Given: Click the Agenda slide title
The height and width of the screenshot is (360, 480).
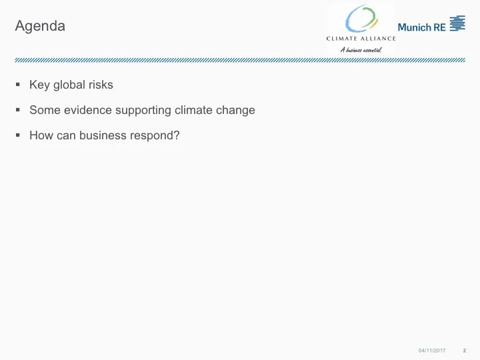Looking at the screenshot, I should (40, 27).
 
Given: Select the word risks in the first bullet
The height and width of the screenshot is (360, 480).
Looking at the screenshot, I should (101, 85).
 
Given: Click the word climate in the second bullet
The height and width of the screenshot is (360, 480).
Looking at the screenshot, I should (193, 110).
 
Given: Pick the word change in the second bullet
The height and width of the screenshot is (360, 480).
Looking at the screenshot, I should (235, 111).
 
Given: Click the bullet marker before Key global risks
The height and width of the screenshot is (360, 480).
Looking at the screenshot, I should (18, 85).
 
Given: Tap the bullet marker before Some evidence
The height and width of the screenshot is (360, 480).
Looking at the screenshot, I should (18, 111).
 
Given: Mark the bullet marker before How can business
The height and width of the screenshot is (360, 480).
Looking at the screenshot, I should (18, 136).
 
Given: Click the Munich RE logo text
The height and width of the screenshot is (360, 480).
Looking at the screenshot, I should (421, 27).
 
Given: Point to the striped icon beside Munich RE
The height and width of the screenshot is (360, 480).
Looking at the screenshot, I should (457, 24).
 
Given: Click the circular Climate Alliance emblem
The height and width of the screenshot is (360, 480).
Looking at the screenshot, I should (361, 19).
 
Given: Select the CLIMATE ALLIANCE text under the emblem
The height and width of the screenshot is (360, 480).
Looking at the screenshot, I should (361, 39).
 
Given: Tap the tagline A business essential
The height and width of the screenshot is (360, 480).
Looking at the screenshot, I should (361, 49).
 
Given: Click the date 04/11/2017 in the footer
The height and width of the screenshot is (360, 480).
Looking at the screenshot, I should (431, 351).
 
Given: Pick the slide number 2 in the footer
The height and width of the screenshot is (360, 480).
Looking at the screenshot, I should (464, 351).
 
